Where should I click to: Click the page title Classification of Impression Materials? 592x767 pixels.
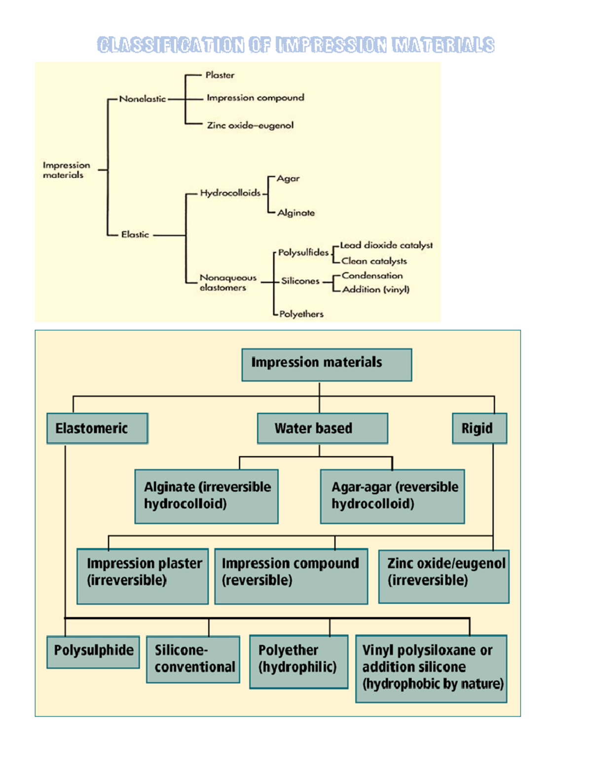pyautogui.click(x=296, y=45)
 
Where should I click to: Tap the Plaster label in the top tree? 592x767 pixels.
pyautogui.click(x=220, y=75)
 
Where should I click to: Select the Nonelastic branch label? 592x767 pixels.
pyautogui.click(x=143, y=99)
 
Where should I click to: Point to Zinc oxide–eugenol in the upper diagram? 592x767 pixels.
pyautogui.click(x=250, y=125)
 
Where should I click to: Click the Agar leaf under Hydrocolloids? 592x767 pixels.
pyautogui.click(x=288, y=178)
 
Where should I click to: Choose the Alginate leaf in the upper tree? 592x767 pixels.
pyautogui.click(x=296, y=213)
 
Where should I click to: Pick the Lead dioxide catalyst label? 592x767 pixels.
pyautogui.click(x=386, y=245)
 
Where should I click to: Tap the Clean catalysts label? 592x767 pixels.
pyautogui.click(x=374, y=261)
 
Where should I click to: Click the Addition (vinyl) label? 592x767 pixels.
pyautogui.click(x=376, y=289)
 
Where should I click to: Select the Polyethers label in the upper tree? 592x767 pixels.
pyautogui.click(x=301, y=314)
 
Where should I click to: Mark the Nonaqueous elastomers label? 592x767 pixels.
pyautogui.click(x=227, y=283)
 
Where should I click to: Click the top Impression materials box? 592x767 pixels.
pyautogui.click(x=327, y=364)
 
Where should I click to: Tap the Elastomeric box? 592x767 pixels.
pyautogui.click(x=97, y=428)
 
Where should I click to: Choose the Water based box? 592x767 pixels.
pyautogui.click(x=322, y=428)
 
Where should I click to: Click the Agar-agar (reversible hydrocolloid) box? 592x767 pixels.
pyautogui.click(x=392, y=496)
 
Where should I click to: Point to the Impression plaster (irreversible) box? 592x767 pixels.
pyautogui.click(x=143, y=576)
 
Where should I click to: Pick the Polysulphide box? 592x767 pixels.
pyautogui.click(x=93, y=651)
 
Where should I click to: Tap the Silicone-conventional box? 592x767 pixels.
pyautogui.click(x=193, y=659)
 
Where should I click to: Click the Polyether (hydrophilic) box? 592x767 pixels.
pyautogui.click(x=298, y=661)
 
